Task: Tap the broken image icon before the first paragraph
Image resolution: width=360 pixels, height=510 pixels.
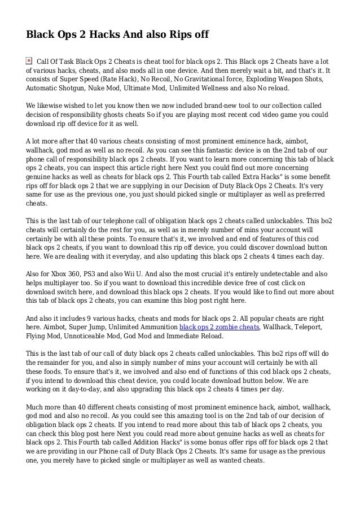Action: coord(29,60)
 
